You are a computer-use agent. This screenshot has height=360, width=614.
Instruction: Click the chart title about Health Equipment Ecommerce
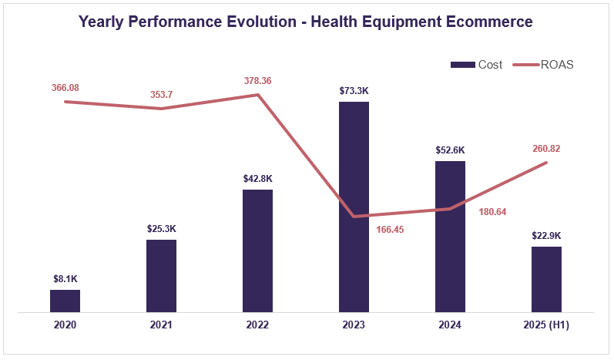point(306,22)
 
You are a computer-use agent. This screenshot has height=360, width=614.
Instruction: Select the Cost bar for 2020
point(65,301)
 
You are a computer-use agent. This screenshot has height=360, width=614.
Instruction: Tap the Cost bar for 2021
point(161,276)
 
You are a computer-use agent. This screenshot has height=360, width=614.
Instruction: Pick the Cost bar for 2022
point(257,251)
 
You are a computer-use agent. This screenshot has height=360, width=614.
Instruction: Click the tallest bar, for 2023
point(354,207)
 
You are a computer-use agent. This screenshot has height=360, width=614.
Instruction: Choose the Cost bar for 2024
point(450,237)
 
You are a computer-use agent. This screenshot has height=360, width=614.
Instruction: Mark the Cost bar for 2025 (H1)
point(546,279)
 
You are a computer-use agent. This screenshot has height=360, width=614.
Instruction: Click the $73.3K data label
point(354,90)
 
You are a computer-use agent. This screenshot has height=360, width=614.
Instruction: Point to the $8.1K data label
point(65,278)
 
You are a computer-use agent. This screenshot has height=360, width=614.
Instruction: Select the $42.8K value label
point(257,178)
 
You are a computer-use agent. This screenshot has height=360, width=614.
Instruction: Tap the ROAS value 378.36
point(257,80)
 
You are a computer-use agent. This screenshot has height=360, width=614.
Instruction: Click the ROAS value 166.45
point(391,229)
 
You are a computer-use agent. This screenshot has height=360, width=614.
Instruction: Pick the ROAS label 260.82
point(546,148)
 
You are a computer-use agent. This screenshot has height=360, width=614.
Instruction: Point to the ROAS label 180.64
point(492,211)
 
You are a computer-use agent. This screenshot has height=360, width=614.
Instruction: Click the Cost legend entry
point(478,65)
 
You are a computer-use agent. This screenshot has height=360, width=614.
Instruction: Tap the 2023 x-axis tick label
point(354,326)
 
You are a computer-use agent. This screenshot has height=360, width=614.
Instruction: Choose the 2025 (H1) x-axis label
point(546,326)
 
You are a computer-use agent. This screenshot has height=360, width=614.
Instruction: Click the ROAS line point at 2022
point(257,95)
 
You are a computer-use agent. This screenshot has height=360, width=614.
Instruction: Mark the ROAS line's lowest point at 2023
point(354,216)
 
